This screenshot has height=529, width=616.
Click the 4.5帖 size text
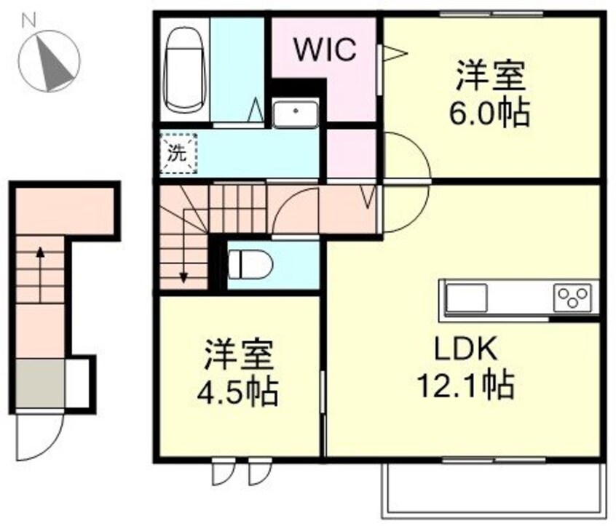click(237, 393)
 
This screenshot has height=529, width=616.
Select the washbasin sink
click(295, 114)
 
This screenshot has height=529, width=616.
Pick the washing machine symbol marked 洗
click(178, 154)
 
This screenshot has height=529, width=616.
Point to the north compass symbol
click(49, 63)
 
